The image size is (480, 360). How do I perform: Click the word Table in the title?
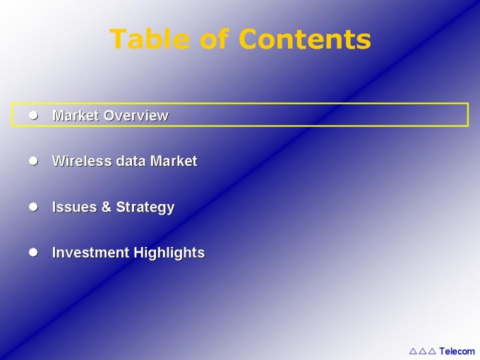pos(149,39)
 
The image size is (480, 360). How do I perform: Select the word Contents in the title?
pos(305,39)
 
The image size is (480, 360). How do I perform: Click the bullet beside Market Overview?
pos(33,115)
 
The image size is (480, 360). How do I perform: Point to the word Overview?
pos(136,115)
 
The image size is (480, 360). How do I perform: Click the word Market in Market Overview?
pos(76,115)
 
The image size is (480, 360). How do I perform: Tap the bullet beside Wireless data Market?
pos(33,161)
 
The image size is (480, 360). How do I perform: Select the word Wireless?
pos(82,161)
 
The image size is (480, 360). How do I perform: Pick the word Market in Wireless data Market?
pos(174,161)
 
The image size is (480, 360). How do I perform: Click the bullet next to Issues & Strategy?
pos(33,207)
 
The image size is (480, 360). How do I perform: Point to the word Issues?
pos(74,207)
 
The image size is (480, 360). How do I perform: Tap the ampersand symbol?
pos(106,207)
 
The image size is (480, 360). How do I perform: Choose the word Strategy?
pos(145,208)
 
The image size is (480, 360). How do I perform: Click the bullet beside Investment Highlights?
pos(33,253)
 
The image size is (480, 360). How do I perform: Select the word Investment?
pos(90,253)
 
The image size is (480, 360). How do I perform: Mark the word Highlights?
pos(169,253)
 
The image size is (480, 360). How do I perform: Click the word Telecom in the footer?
pos(457,351)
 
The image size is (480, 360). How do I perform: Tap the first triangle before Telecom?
pos(413,351)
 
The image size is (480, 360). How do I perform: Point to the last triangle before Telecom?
pos(432,351)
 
